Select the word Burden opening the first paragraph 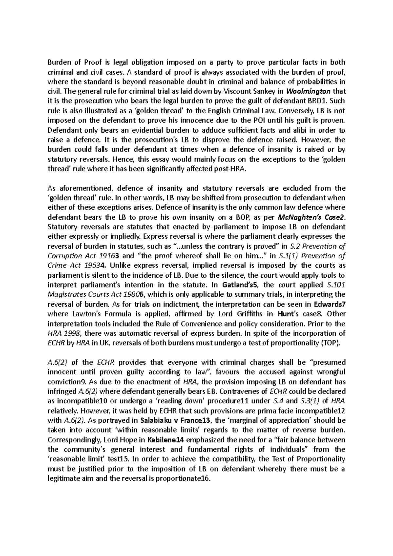coord(59,62)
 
